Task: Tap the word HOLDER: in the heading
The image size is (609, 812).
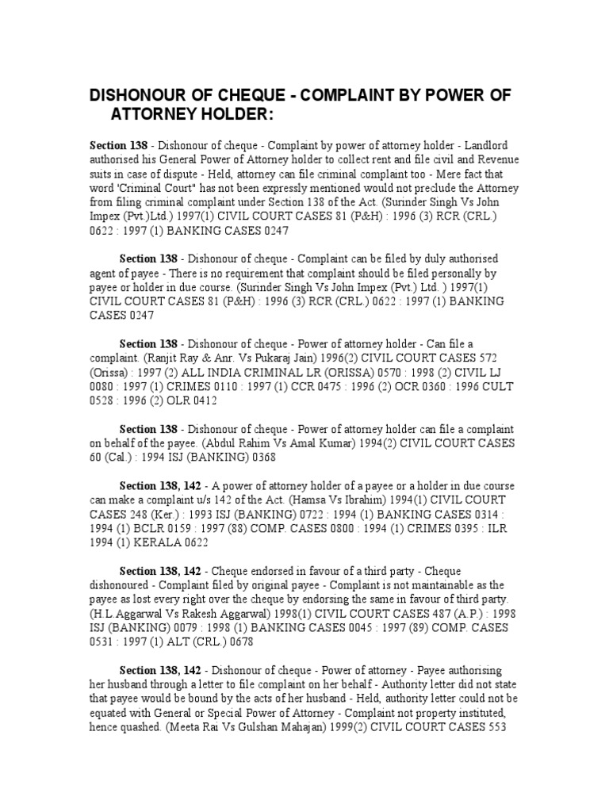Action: pyautogui.click(x=235, y=116)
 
